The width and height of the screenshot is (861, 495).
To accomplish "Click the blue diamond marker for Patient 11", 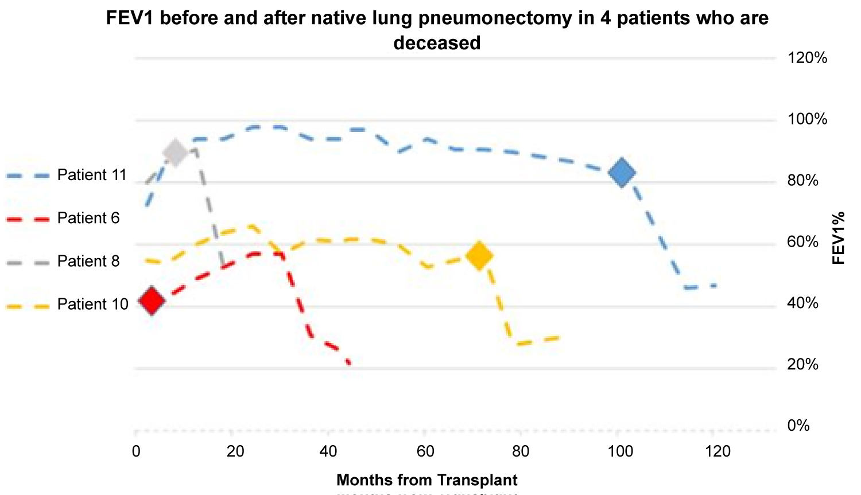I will (x=622, y=173).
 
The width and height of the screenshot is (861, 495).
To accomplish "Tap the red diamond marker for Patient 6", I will (x=152, y=300).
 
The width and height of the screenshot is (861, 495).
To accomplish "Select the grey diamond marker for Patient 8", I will (x=176, y=152).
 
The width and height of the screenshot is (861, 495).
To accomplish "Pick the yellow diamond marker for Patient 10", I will (x=479, y=256).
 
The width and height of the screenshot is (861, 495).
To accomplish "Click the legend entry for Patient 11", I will (x=92, y=175).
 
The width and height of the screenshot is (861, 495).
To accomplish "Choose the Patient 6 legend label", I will (x=88, y=218).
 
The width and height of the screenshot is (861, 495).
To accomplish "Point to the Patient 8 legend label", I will (x=88, y=261).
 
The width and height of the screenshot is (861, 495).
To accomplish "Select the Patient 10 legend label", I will (x=92, y=304).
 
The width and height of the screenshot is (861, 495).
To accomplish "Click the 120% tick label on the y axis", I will (x=808, y=58).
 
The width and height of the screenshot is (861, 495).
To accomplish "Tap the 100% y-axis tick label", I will (x=808, y=119).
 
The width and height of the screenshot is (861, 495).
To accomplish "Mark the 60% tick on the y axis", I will (x=803, y=241).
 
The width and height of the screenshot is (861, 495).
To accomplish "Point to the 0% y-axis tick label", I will (x=798, y=426).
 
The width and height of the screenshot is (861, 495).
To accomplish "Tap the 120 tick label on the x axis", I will (x=718, y=452).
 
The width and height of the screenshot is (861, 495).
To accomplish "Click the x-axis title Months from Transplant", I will (x=426, y=480).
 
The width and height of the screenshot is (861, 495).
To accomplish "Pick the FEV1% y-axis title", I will (x=839, y=238).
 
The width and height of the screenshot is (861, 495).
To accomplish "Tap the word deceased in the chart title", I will (x=437, y=42).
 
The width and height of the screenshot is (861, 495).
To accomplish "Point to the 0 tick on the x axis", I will (x=136, y=452).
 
